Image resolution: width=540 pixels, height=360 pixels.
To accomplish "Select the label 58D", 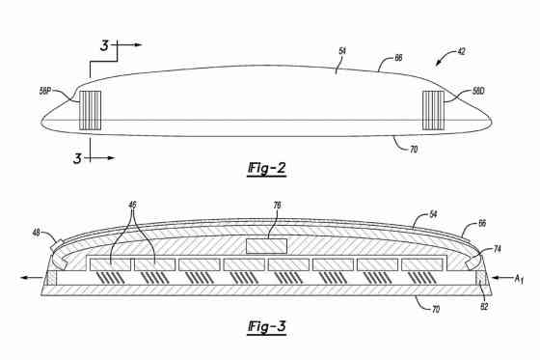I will click(478, 93).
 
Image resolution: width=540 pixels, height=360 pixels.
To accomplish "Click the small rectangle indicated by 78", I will click(266, 246).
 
